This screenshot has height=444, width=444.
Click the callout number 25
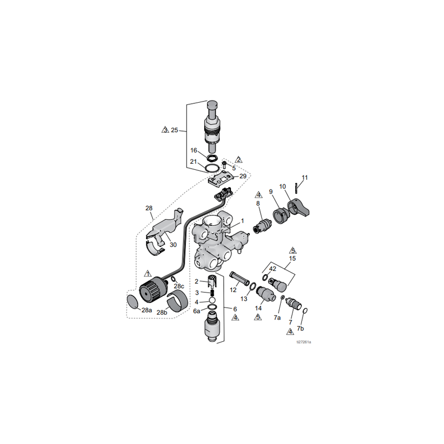[x=174, y=130]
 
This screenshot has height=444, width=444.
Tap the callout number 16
[x=194, y=150]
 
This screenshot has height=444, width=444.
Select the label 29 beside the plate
[x=243, y=176]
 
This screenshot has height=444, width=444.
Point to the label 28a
[x=146, y=310]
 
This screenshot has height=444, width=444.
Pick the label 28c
[x=179, y=286]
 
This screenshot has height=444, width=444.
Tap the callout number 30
[x=173, y=245]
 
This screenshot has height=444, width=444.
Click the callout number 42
[x=273, y=269]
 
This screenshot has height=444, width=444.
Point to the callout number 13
[x=244, y=299]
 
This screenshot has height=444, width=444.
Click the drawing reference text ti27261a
[x=304, y=342]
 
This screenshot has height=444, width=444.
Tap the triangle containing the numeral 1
[x=148, y=274]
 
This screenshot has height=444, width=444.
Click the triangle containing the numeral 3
[x=165, y=130]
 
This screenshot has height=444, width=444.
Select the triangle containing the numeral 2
[x=239, y=159]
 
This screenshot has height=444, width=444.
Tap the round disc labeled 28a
[x=133, y=302]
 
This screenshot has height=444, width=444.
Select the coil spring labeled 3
[x=211, y=292]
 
